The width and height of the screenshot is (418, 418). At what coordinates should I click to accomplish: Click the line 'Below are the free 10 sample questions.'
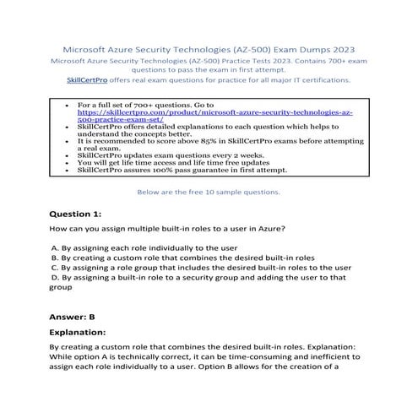[x=209, y=192]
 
